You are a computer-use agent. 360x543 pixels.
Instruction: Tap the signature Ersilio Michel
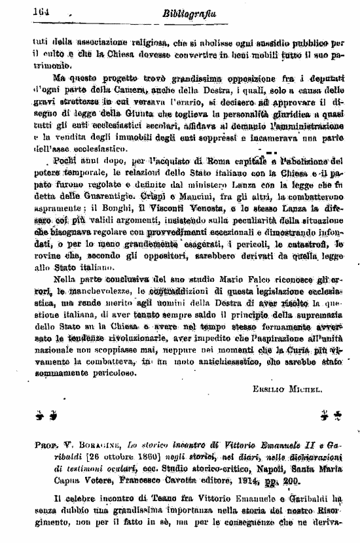coord(287,389)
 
